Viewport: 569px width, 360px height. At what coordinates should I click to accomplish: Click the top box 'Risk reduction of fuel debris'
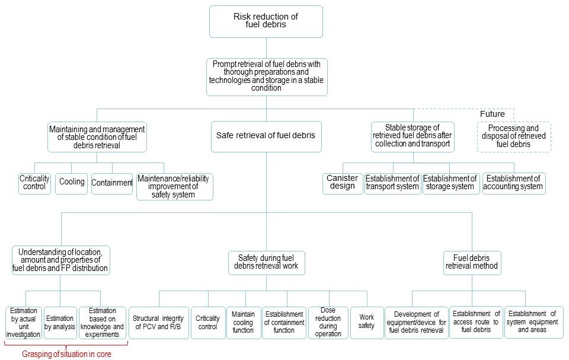266,22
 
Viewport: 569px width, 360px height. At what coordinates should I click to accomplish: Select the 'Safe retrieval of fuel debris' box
266,135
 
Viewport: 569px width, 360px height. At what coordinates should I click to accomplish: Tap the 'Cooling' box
72,183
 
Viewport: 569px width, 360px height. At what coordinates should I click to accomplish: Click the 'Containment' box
111,183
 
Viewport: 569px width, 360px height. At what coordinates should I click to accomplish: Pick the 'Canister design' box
343,183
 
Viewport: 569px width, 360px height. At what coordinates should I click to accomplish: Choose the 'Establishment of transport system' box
392,183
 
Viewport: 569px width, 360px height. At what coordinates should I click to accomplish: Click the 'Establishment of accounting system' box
513,183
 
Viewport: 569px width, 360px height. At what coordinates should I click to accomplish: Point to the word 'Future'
493,114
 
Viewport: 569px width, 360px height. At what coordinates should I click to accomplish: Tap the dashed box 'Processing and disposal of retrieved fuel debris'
513,136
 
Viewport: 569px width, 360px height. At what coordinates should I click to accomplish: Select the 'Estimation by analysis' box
60,323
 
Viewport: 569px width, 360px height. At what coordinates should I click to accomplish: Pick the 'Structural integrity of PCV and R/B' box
158,323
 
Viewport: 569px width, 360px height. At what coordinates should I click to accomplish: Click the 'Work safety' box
366,321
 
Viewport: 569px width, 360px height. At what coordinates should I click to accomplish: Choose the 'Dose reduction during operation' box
328,322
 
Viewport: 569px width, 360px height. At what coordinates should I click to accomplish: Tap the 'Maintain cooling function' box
244,322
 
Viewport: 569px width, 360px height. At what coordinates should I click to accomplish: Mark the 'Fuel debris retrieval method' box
472,262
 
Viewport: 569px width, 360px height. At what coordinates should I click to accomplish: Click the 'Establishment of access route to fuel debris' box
476,322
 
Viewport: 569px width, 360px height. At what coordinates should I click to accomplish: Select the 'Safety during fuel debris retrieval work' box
266,262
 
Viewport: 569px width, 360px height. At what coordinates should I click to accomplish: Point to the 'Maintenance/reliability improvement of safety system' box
174,186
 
